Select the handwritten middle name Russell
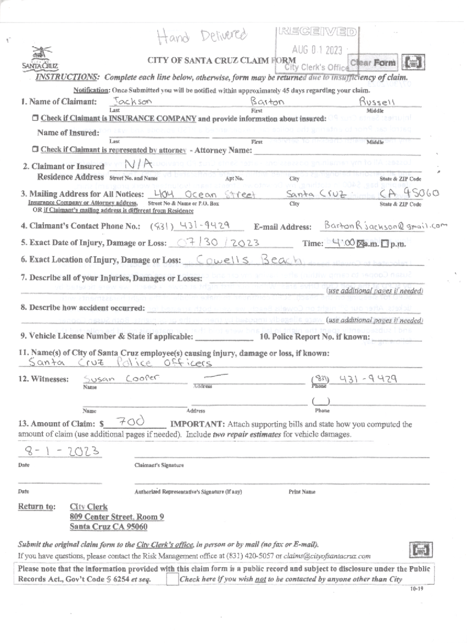pyautogui.click(x=377, y=101)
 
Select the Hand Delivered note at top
pyautogui.click(x=202, y=36)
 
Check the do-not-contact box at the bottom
pyautogui.click(x=172, y=578)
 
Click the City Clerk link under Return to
pyautogui.click(x=88, y=506)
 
